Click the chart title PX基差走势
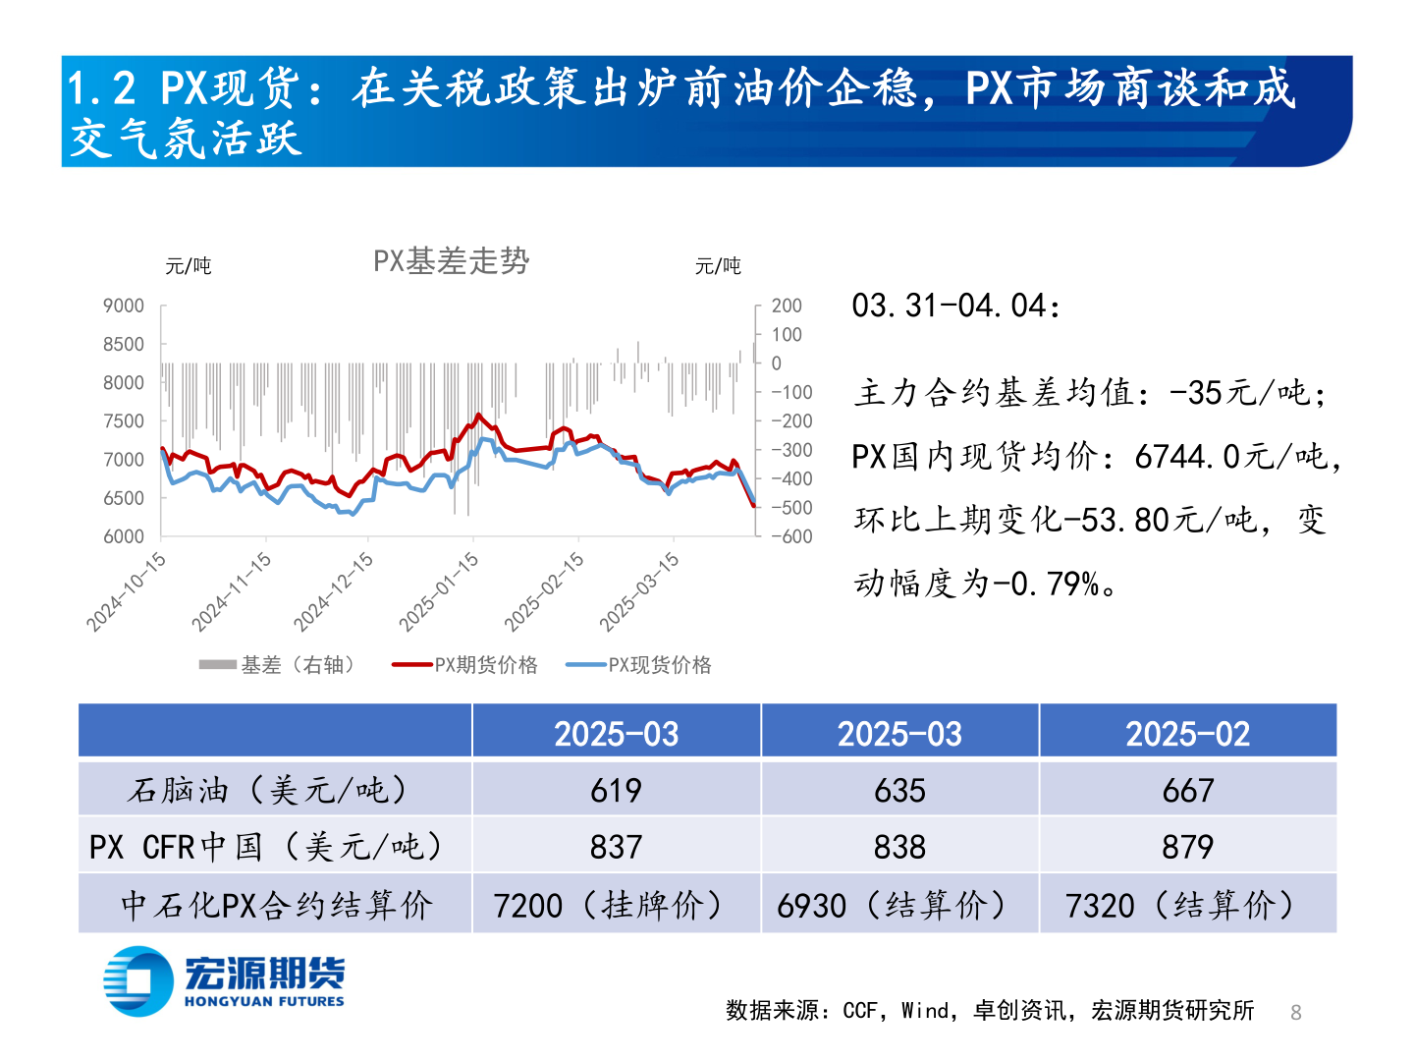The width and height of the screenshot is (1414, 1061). tap(451, 261)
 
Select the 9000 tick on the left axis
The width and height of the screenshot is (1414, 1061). tap(124, 307)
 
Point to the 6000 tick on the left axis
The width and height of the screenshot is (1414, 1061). tap(124, 536)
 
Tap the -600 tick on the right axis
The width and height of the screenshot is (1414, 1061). tap(791, 536)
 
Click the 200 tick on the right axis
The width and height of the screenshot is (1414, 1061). tap(787, 307)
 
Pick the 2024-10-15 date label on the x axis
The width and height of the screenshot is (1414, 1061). tap(127, 591)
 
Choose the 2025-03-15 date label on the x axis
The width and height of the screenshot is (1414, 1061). tap(639, 591)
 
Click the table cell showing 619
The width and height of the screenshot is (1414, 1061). tap(616, 790)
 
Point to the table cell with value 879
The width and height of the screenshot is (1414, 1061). tap(1187, 847)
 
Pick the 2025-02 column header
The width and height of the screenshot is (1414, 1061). tap(1187, 734)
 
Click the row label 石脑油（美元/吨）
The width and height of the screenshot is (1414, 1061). tap(267, 790)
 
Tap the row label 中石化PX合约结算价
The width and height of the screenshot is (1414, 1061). tap(276, 905)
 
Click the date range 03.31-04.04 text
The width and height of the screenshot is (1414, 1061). tap(955, 307)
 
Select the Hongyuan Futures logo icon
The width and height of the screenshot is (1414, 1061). tap(138, 980)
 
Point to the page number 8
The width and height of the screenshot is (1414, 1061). tap(1295, 1013)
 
